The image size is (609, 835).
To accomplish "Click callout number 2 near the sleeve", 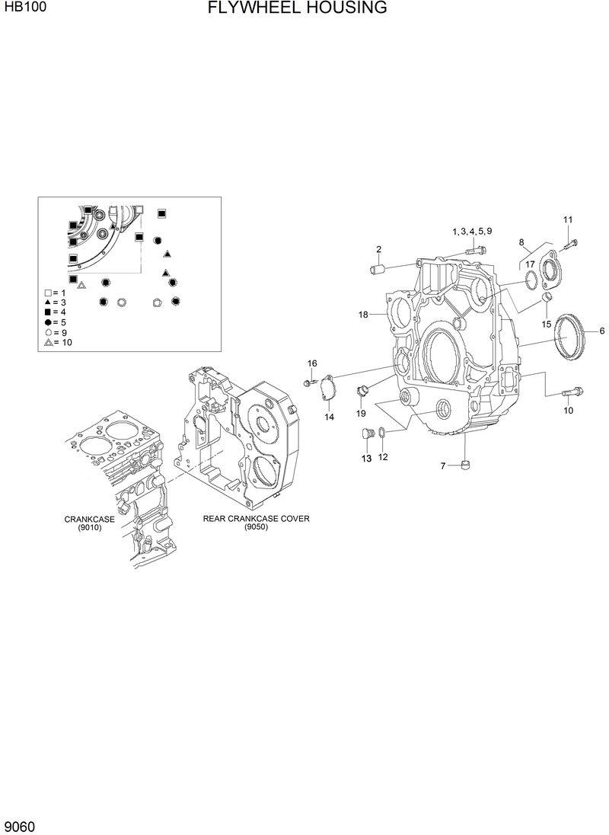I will click(x=378, y=250).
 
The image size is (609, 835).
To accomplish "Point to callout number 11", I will click(x=567, y=220).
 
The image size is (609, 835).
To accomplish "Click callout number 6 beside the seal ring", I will click(x=601, y=331).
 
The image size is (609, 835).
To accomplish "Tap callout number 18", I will click(x=363, y=315).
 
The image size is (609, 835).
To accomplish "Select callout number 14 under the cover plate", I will click(x=330, y=417).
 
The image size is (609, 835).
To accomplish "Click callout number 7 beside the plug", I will click(x=443, y=465).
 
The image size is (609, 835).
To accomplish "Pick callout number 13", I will click(x=366, y=459).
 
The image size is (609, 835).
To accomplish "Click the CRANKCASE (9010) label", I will click(x=89, y=523).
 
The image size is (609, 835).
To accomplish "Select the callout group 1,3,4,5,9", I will click(x=472, y=231).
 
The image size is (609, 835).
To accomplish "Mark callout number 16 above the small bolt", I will click(x=312, y=363).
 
